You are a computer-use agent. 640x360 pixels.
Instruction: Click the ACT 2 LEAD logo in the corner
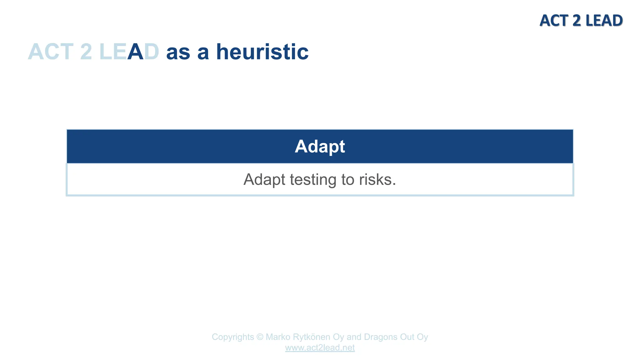[581, 21]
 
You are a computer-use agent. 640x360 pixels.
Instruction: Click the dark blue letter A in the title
[135, 52]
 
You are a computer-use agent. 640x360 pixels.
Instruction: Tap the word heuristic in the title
[262, 52]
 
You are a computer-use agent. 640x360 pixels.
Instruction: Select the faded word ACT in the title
[50, 52]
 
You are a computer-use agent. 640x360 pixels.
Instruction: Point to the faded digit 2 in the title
[86, 52]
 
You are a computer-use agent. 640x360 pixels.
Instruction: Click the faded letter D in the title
[152, 52]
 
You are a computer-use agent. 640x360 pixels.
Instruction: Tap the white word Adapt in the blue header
[320, 146]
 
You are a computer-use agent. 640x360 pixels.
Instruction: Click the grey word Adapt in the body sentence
[264, 180]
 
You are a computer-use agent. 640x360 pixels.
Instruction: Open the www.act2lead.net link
[320, 348]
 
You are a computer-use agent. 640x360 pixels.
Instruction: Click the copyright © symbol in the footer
[260, 337]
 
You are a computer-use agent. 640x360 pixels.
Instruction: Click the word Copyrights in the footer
[233, 337]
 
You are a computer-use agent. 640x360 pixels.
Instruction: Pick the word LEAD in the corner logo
[603, 21]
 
